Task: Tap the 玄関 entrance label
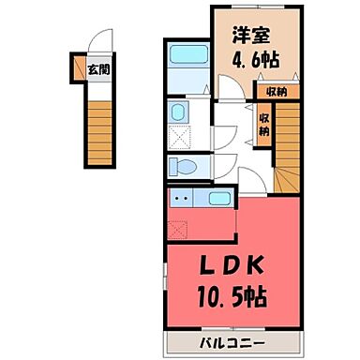click(97, 68)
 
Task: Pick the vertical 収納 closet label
click(263, 123)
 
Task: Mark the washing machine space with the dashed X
click(179, 137)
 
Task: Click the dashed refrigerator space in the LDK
click(177, 227)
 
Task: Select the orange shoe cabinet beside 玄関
click(79, 68)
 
